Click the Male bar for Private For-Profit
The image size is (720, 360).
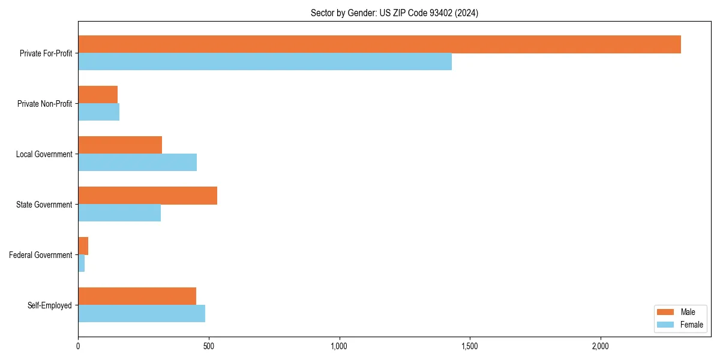point(379,44)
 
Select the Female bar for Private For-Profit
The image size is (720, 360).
point(265,62)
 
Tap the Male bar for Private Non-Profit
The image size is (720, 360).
point(98,95)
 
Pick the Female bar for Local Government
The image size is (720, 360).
point(137,163)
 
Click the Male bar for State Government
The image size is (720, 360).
point(148,196)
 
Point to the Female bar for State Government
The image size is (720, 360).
point(119,213)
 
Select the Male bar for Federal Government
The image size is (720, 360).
point(83,246)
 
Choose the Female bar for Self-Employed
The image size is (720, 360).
point(142,314)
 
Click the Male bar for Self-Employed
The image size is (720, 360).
point(137,296)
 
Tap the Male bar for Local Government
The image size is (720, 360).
point(120,145)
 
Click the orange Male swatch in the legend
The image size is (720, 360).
point(666,312)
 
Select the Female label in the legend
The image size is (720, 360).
point(691,325)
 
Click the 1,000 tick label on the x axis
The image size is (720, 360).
point(339,346)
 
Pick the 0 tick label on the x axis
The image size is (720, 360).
point(78,346)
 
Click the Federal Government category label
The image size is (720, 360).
point(40,255)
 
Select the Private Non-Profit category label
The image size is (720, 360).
point(44,104)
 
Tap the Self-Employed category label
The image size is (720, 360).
point(49,305)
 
